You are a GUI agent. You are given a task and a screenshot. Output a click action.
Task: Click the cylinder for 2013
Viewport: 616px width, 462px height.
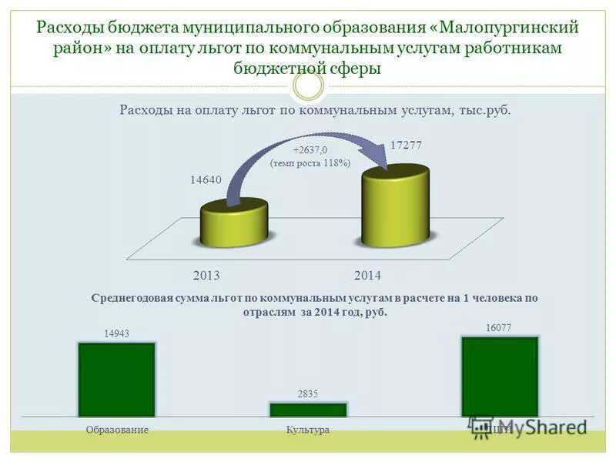(x=233, y=223)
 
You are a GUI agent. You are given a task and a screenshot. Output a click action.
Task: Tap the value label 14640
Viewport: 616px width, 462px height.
(x=206, y=180)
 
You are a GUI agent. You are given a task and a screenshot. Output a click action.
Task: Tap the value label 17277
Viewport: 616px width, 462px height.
(x=406, y=146)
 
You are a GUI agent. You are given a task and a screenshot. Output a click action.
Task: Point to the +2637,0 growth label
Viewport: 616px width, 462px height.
(x=310, y=150)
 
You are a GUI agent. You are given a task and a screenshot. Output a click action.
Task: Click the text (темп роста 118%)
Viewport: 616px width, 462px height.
(x=310, y=163)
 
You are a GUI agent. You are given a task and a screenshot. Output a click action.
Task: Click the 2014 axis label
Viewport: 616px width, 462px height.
(x=367, y=275)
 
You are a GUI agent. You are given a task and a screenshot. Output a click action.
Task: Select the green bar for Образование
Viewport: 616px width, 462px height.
(x=116, y=380)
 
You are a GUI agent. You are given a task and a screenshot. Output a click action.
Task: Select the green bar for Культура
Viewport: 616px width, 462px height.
(x=307, y=410)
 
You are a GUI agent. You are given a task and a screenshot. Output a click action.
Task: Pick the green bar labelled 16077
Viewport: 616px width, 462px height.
(x=499, y=377)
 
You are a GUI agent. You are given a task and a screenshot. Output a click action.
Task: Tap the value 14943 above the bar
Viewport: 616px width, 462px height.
(x=116, y=333)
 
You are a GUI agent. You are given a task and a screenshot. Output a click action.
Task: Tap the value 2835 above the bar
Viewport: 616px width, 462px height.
(x=307, y=393)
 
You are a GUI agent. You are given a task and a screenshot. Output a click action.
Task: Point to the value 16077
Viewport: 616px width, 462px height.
(x=498, y=327)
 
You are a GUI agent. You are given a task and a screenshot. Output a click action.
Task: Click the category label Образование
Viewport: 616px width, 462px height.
(x=117, y=430)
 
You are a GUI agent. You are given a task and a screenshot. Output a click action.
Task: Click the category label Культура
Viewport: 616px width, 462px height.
(x=307, y=430)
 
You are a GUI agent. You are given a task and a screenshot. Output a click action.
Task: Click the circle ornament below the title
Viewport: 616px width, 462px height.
(x=309, y=85)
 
